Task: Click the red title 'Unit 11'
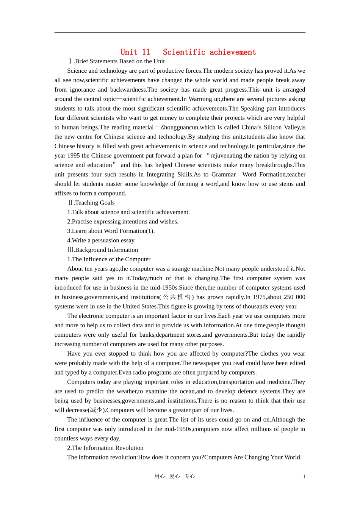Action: point(135,52)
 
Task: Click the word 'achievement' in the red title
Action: point(233,52)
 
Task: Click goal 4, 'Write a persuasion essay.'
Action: point(101,240)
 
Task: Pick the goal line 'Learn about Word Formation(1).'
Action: point(111,231)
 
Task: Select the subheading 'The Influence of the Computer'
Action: point(109,259)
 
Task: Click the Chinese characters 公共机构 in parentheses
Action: point(177,297)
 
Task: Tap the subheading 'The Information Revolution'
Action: point(105,448)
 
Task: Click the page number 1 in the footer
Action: point(304,477)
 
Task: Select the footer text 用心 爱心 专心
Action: point(174,476)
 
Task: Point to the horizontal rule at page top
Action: point(180,33)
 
